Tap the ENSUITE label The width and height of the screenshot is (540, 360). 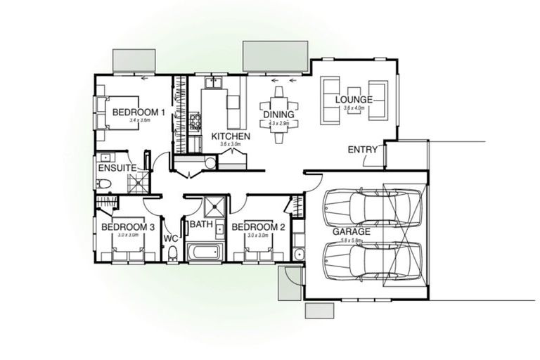click(117, 169)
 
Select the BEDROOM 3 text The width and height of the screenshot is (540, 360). click(128, 227)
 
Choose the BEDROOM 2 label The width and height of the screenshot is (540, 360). click(258, 227)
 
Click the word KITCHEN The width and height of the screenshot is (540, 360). click(231, 135)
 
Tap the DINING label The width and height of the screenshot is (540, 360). click(279, 115)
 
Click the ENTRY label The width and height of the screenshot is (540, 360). click(363, 150)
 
